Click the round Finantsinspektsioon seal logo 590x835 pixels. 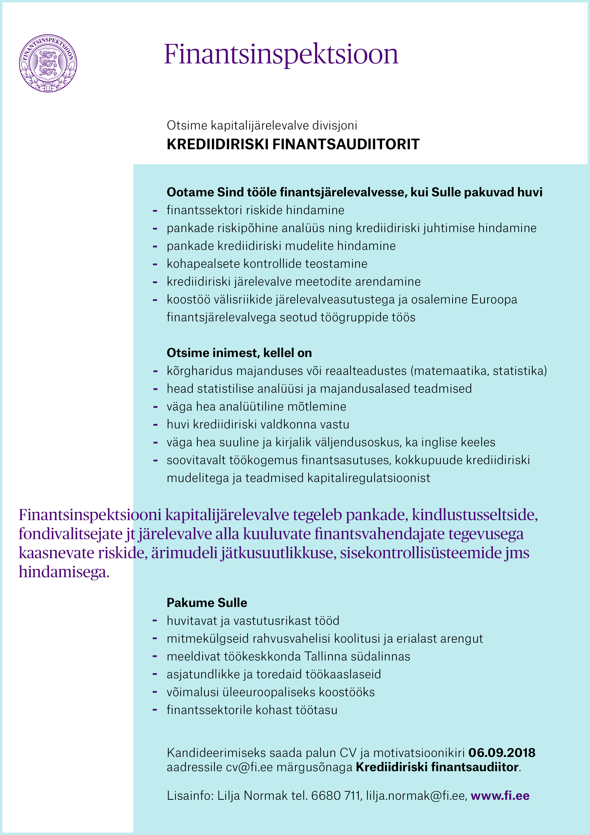pyautogui.click(x=48, y=63)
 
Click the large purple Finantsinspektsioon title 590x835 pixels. pyautogui.click(x=281, y=54)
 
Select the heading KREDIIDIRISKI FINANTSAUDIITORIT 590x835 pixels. pyautogui.click(x=293, y=144)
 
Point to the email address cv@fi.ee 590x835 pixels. pyautogui.click(x=249, y=767)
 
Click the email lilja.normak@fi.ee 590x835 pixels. pyautogui.click(x=416, y=796)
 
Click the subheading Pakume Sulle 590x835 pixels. pyautogui.click(x=207, y=603)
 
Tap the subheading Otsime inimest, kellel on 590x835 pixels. pyautogui.click(x=239, y=353)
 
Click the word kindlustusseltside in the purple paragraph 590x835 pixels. pyautogui.click(x=474, y=515)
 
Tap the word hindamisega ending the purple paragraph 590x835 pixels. pyautogui.click(x=64, y=572)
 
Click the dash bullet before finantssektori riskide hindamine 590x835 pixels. pyautogui.click(x=155, y=211)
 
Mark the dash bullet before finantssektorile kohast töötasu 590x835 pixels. pyautogui.click(x=155, y=710)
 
